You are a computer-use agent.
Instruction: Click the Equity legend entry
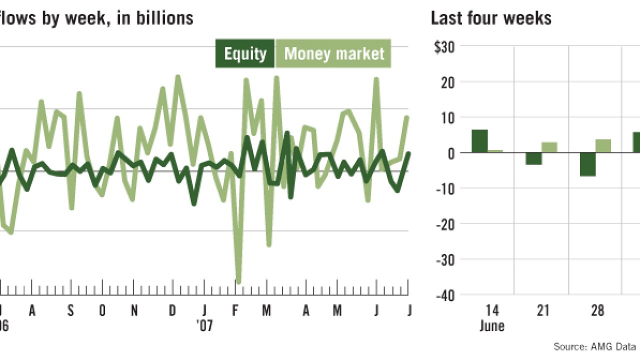coord(245,53)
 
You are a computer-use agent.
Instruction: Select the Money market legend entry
coord(334,53)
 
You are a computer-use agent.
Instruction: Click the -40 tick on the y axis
coord(445,295)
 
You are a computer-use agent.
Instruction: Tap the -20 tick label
coord(445,224)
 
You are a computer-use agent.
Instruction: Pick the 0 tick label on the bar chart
coord(449,153)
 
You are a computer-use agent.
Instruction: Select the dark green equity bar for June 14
coord(479,141)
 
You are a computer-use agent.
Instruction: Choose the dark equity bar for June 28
coord(587,164)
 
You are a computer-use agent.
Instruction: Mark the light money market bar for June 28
coord(603,146)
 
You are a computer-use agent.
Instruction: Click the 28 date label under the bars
coord(597,311)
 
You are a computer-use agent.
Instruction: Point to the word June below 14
coord(491,326)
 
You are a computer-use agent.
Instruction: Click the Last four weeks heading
coord(490,18)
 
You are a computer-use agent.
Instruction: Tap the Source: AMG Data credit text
coord(594,346)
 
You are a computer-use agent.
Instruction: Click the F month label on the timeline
coord(235,311)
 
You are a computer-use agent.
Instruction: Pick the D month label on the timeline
coord(172,311)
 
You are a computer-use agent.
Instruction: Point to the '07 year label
coord(204,326)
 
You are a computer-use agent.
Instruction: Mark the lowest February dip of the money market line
coord(238,282)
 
